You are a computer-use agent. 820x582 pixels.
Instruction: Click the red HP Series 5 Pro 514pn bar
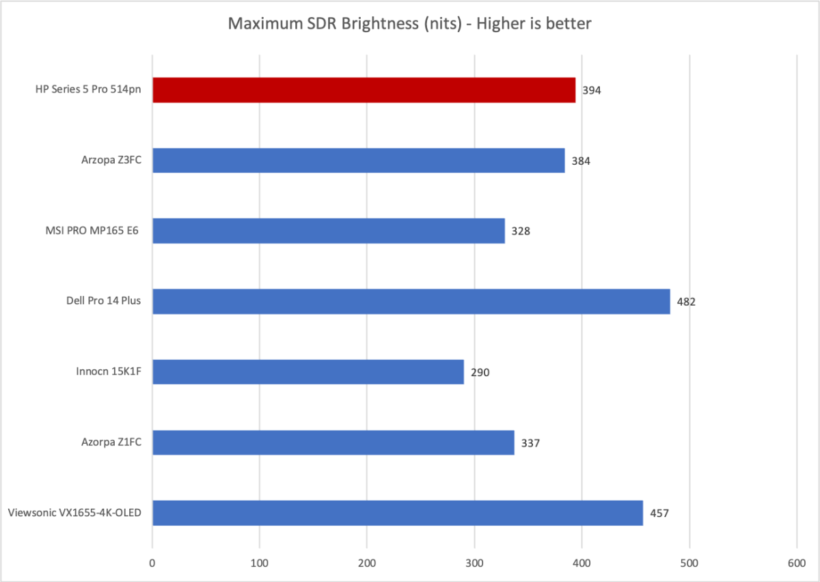(364, 90)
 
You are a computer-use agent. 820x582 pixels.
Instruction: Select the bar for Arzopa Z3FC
(358, 161)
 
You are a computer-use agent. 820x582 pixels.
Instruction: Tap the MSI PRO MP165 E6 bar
(328, 231)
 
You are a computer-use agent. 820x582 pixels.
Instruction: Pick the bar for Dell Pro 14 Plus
(411, 302)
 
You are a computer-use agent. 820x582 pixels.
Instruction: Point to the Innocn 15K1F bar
(307, 372)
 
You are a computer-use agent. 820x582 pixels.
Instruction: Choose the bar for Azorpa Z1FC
(333, 442)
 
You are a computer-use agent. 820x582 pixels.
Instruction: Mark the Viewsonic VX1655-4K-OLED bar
(397, 513)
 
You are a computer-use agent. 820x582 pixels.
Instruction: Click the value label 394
(591, 90)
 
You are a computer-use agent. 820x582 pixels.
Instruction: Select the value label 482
(685, 302)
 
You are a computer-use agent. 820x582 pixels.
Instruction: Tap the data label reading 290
(480, 373)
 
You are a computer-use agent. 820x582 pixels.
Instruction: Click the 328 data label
(520, 231)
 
